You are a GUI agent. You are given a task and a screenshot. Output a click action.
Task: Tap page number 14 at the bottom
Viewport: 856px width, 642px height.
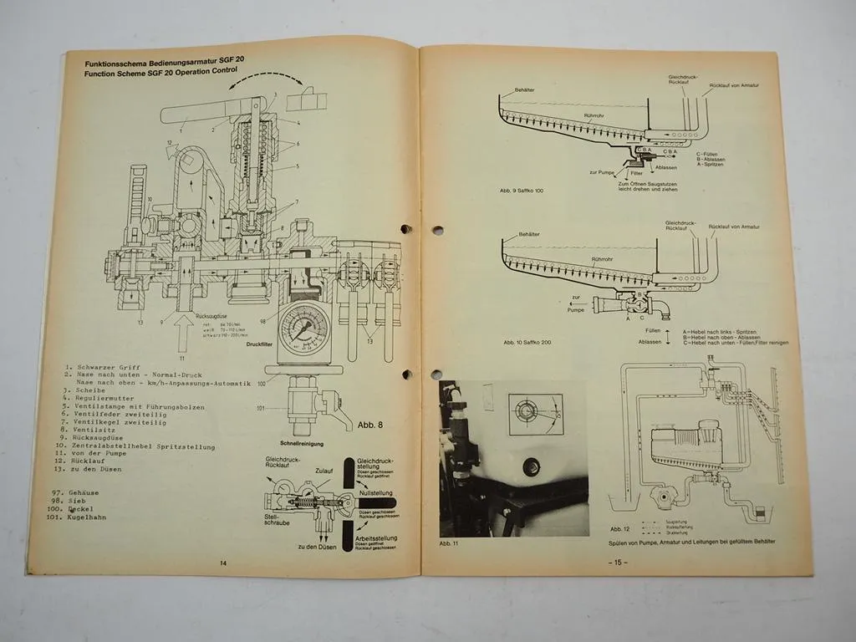tap(223, 563)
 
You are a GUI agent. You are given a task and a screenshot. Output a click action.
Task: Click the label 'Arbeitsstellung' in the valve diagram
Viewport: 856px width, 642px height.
tap(374, 536)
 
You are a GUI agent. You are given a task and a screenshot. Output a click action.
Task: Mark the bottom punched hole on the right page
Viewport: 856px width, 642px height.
tap(436, 374)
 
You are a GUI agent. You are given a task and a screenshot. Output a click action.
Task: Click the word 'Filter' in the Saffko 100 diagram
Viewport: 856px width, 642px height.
tap(635, 173)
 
